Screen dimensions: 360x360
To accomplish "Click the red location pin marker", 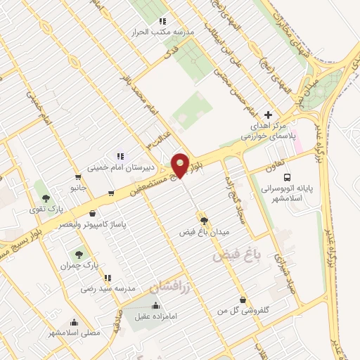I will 181,165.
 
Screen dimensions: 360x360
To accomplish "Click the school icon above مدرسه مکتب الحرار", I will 162,22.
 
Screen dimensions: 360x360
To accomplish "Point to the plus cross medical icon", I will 267,115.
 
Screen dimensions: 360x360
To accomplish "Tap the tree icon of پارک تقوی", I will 46,199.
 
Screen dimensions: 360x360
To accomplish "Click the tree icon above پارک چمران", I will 77,253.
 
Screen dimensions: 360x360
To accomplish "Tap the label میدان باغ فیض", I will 204,231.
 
